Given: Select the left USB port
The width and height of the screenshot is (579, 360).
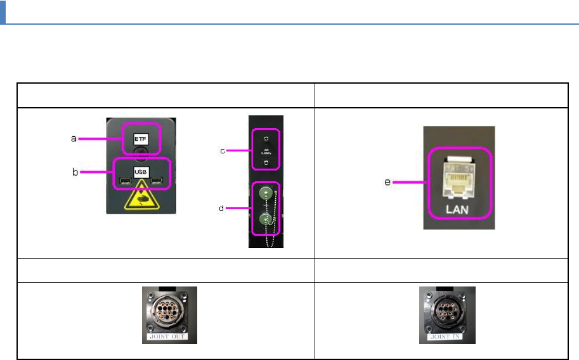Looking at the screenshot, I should point(125,184).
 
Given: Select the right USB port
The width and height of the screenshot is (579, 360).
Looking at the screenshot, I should point(156,184).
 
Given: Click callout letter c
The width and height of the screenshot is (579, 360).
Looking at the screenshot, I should point(221,150).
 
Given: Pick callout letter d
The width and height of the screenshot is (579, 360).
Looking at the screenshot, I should point(221,208).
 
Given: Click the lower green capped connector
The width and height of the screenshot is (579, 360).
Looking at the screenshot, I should point(267,221).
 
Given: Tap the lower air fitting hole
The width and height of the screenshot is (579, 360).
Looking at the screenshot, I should point(267,163).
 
